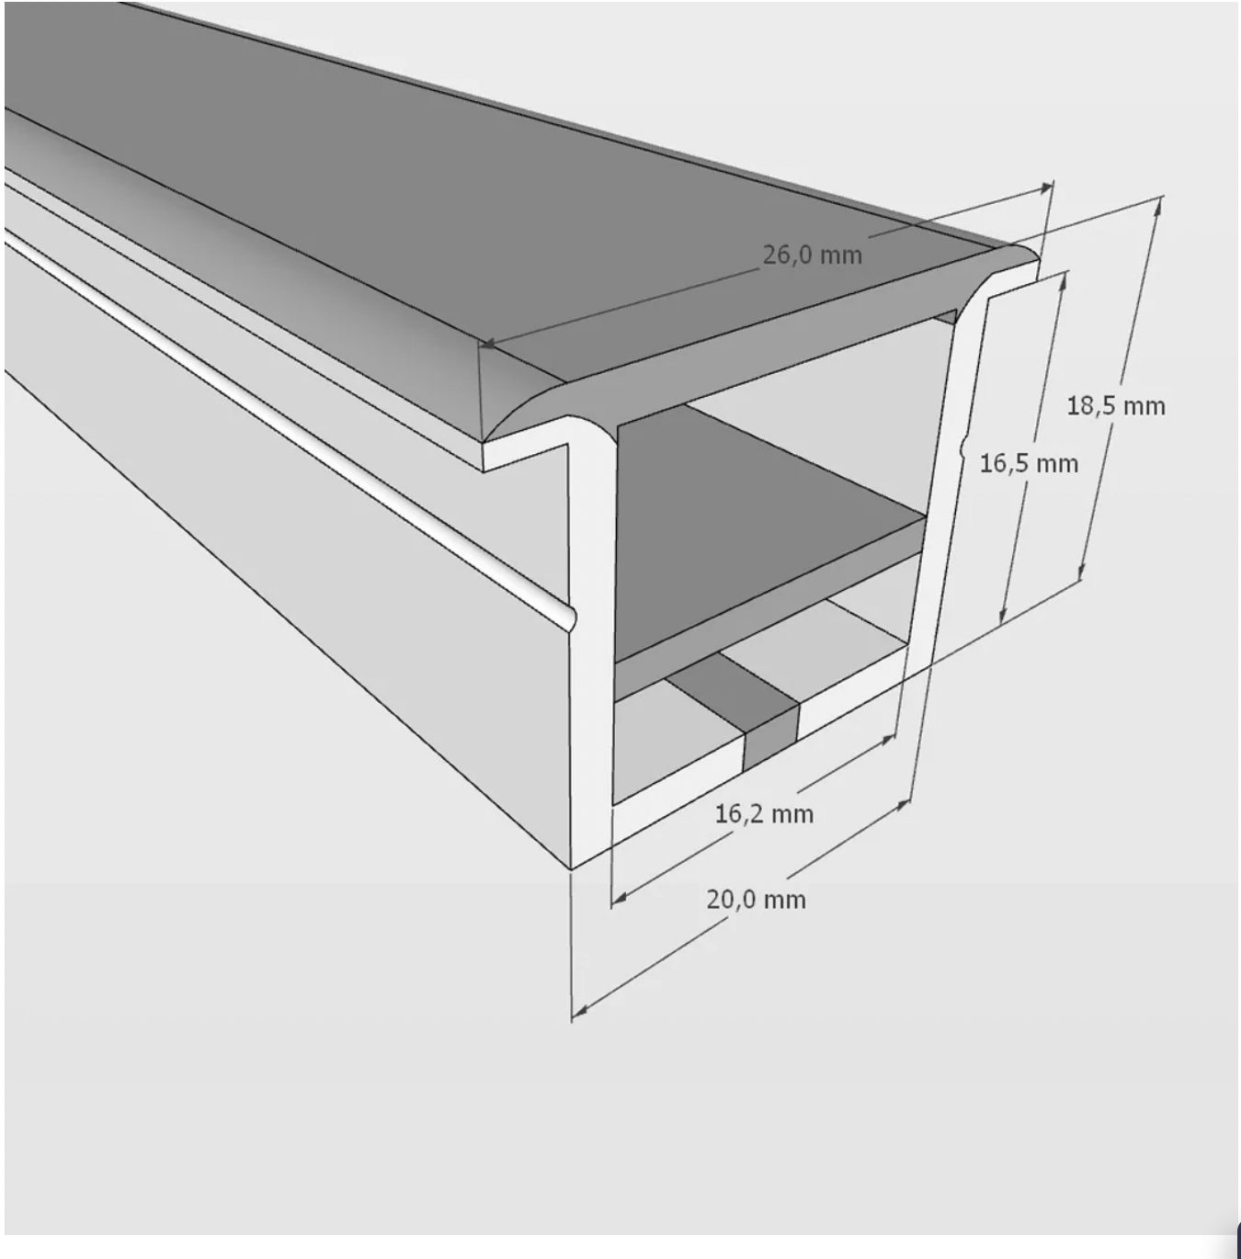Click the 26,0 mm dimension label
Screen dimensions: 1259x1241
point(813,255)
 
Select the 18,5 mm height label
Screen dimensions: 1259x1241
point(1115,405)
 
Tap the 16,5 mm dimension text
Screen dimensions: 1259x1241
point(1028,463)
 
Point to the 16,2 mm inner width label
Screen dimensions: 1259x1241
point(764,813)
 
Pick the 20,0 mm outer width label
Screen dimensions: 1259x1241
point(756,899)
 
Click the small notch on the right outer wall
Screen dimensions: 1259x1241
point(962,449)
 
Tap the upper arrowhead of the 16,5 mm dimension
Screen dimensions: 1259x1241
point(1065,278)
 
